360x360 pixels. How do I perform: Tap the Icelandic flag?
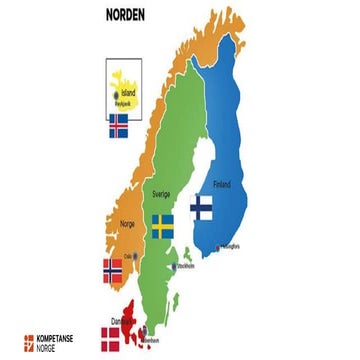118,126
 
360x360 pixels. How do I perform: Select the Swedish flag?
162,224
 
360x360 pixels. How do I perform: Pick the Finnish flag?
200,207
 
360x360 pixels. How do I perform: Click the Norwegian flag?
113,270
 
